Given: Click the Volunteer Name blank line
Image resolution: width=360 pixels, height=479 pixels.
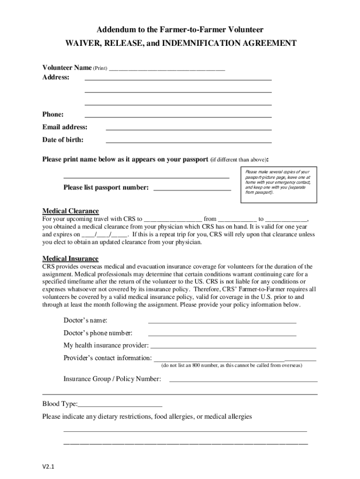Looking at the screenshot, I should (x=167, y=69).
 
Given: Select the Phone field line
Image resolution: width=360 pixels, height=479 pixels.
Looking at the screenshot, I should (x=178, y=116).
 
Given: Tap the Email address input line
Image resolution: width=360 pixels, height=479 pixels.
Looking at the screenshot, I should (x=188, y=128).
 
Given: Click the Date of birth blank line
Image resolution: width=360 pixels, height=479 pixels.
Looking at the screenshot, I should (x=188, y=141).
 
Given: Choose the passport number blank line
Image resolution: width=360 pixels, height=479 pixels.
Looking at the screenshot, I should (x=192, y=189).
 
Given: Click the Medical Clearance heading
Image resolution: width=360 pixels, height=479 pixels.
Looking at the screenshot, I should (x=71, y=211).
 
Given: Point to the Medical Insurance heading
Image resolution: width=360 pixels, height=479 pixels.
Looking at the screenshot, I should (x=71, y=259).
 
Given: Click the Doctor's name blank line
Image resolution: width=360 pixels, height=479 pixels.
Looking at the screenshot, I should (x=222, y=322).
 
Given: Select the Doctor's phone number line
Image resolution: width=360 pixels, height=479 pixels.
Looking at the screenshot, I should (x=222, y=334).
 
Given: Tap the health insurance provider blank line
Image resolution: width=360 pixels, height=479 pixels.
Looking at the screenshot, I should (x=233, y=347).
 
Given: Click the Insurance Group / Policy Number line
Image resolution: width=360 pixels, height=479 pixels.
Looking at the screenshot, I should (x=243, y=380).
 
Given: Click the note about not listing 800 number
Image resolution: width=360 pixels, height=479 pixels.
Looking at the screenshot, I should (x=231, y=365).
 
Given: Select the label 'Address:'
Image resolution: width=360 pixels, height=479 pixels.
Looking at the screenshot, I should (x=56, y=77).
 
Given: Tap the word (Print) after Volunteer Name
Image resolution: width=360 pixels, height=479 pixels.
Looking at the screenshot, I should (x=100, y=68).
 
